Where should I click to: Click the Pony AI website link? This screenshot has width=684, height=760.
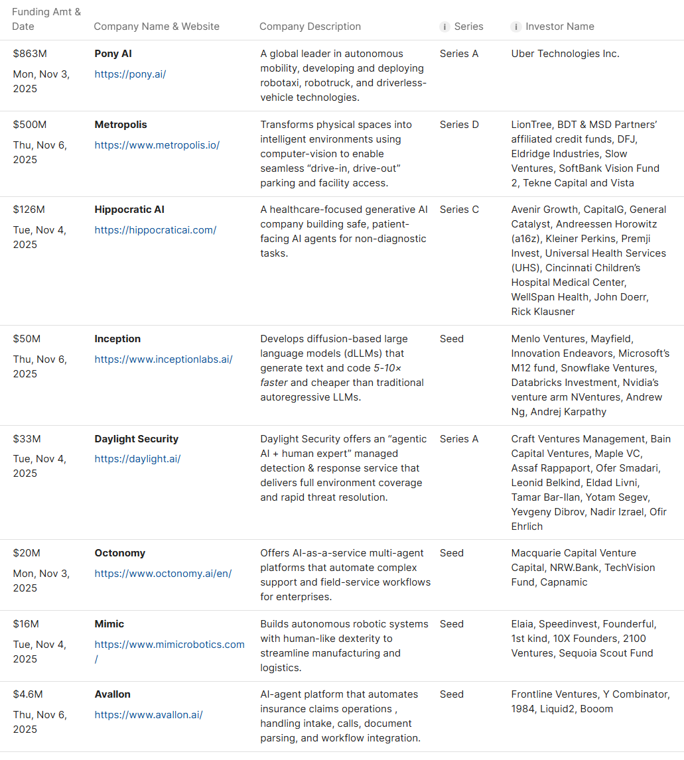[130, 74]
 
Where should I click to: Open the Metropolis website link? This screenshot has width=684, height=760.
[157, 145]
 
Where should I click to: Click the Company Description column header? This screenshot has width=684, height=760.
[310, 27]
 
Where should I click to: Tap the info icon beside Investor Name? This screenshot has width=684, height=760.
[515, 27]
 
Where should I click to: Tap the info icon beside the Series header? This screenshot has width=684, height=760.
[445, 27]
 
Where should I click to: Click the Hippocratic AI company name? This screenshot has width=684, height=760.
[129, 210]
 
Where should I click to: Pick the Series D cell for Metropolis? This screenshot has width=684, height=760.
[459, 125]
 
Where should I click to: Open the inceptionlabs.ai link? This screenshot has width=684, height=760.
[163, 359]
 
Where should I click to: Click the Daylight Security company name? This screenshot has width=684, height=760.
[136, 439]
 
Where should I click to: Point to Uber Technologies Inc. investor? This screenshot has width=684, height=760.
[565, 54]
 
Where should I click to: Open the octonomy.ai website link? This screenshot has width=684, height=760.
[163, 574]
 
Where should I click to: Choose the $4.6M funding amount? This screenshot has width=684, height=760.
[28, 694]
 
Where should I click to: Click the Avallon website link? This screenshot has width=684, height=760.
[149, 715]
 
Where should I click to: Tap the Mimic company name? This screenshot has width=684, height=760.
[109, 624]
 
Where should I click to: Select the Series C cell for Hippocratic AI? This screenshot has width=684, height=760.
[459, 210]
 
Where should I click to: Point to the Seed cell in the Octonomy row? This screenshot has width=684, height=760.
[452, 553]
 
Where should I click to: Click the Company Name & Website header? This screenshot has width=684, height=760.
[157, 27]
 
